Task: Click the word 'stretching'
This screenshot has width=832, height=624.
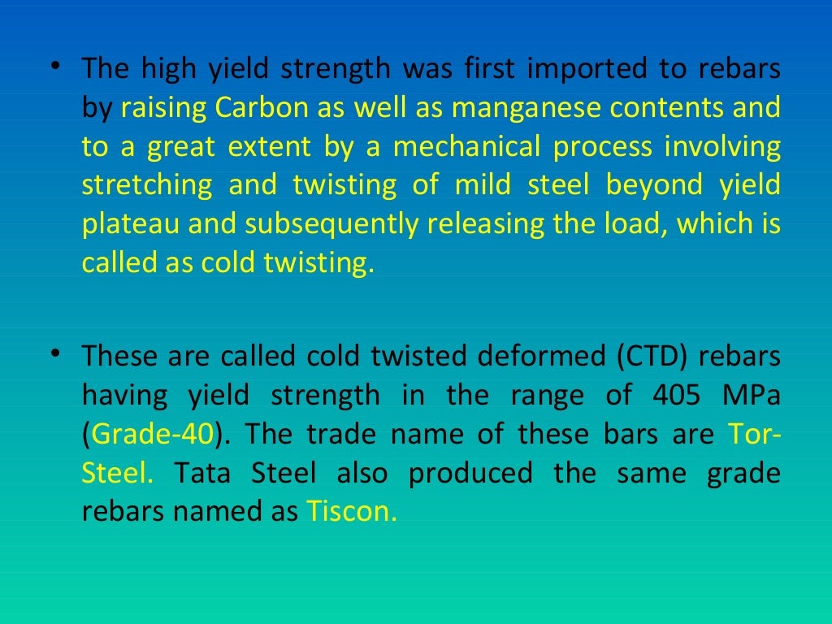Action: tap(147, 185)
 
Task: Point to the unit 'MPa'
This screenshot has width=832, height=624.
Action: tap(752, 395)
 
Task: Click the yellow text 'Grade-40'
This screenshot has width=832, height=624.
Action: tap(153, 434)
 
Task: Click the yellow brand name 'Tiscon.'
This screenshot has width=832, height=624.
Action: tap(353, 512)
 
